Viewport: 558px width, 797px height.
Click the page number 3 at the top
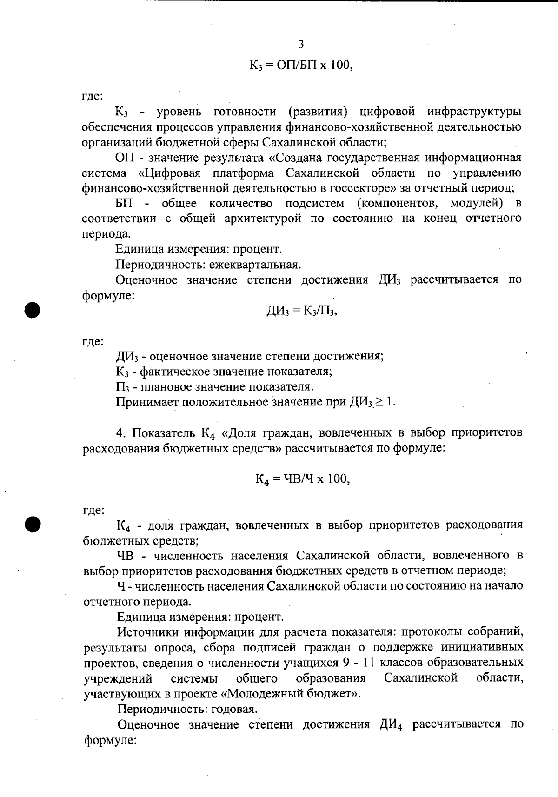[x=301, y=45]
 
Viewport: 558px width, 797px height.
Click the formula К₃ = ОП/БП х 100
[x=301, y=66]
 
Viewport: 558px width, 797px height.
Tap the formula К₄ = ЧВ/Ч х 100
[x=302, y=478]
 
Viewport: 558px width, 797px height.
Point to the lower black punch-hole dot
[x=33, y=524]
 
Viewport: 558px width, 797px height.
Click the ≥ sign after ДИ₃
[x=379, y=402]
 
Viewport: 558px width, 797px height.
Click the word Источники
[x=148, y=632]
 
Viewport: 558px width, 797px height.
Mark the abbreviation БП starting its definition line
[x=124, y=203]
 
